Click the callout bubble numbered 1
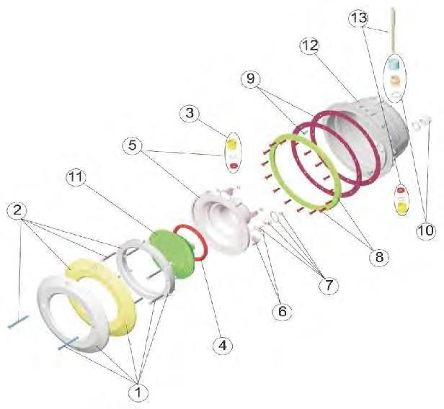pos(138,392)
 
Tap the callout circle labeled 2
pos(17,210)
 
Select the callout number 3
pos(190,114)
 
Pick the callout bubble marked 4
pos(223,346)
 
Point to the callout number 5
pos(133,145)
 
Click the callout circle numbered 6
pos(283,311)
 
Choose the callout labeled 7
pos(329,285)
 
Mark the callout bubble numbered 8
pos(379,257)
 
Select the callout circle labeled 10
pos(425,230)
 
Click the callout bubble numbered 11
pos(76,178)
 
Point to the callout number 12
pos(310,46)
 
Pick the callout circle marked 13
pos(358,19)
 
